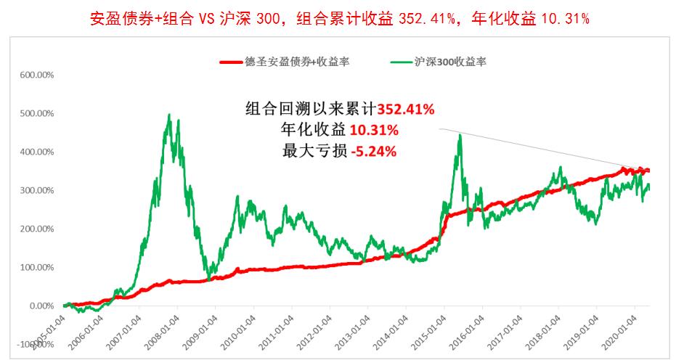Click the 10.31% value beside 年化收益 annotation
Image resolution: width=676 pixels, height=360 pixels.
[x=373, y=131]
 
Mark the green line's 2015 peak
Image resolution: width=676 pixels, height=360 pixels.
[x=460, y=135]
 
